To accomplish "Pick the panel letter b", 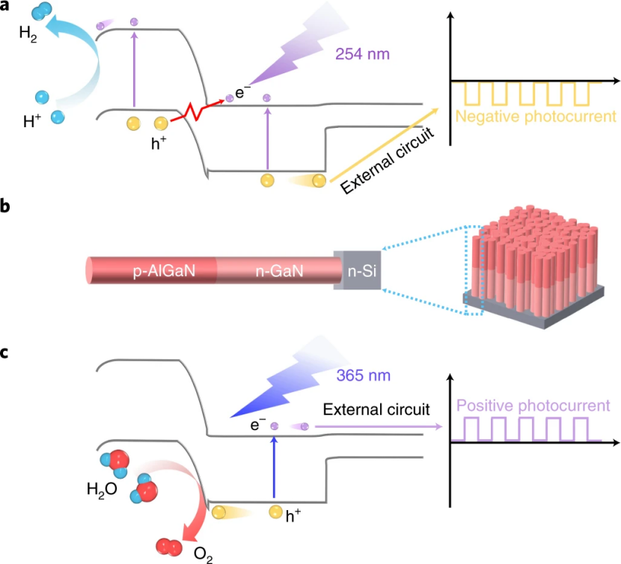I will tap(6, 206).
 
